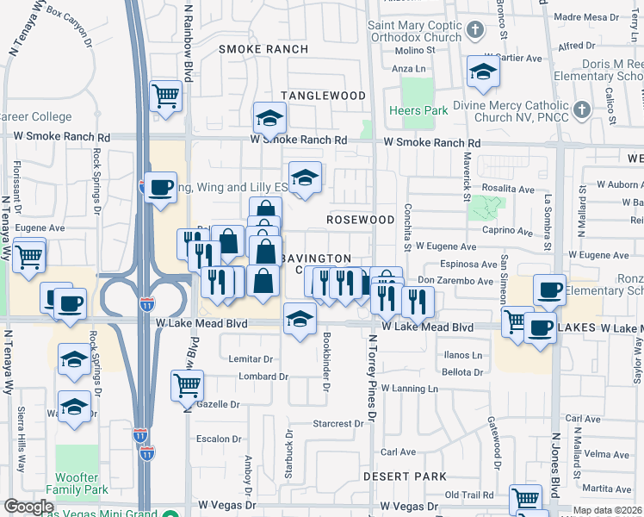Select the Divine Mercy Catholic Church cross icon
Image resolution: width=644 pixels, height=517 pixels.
click(x=582, y=109)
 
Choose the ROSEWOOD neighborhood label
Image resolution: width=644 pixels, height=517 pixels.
click(x=361, y=220)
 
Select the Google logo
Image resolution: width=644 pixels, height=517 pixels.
click(x=28, y=507)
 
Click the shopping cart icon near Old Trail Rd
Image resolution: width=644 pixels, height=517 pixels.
click(x=524, y=497)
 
